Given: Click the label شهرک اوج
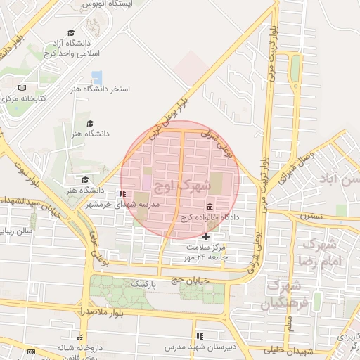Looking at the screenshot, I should (185, 186).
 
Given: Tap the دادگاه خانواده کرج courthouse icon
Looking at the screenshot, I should (210, 207).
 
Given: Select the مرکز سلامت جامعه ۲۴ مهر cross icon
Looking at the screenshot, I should (205, 237).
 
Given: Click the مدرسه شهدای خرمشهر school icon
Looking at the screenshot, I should (123, 193).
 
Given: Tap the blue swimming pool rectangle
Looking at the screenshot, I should (97, 77).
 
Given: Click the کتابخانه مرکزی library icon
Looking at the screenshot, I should (22, 89).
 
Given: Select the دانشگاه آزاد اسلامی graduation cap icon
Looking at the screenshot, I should (71, 32).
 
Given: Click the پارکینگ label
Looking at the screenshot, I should (145, 283).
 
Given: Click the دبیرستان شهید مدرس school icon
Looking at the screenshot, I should (200, 337).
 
